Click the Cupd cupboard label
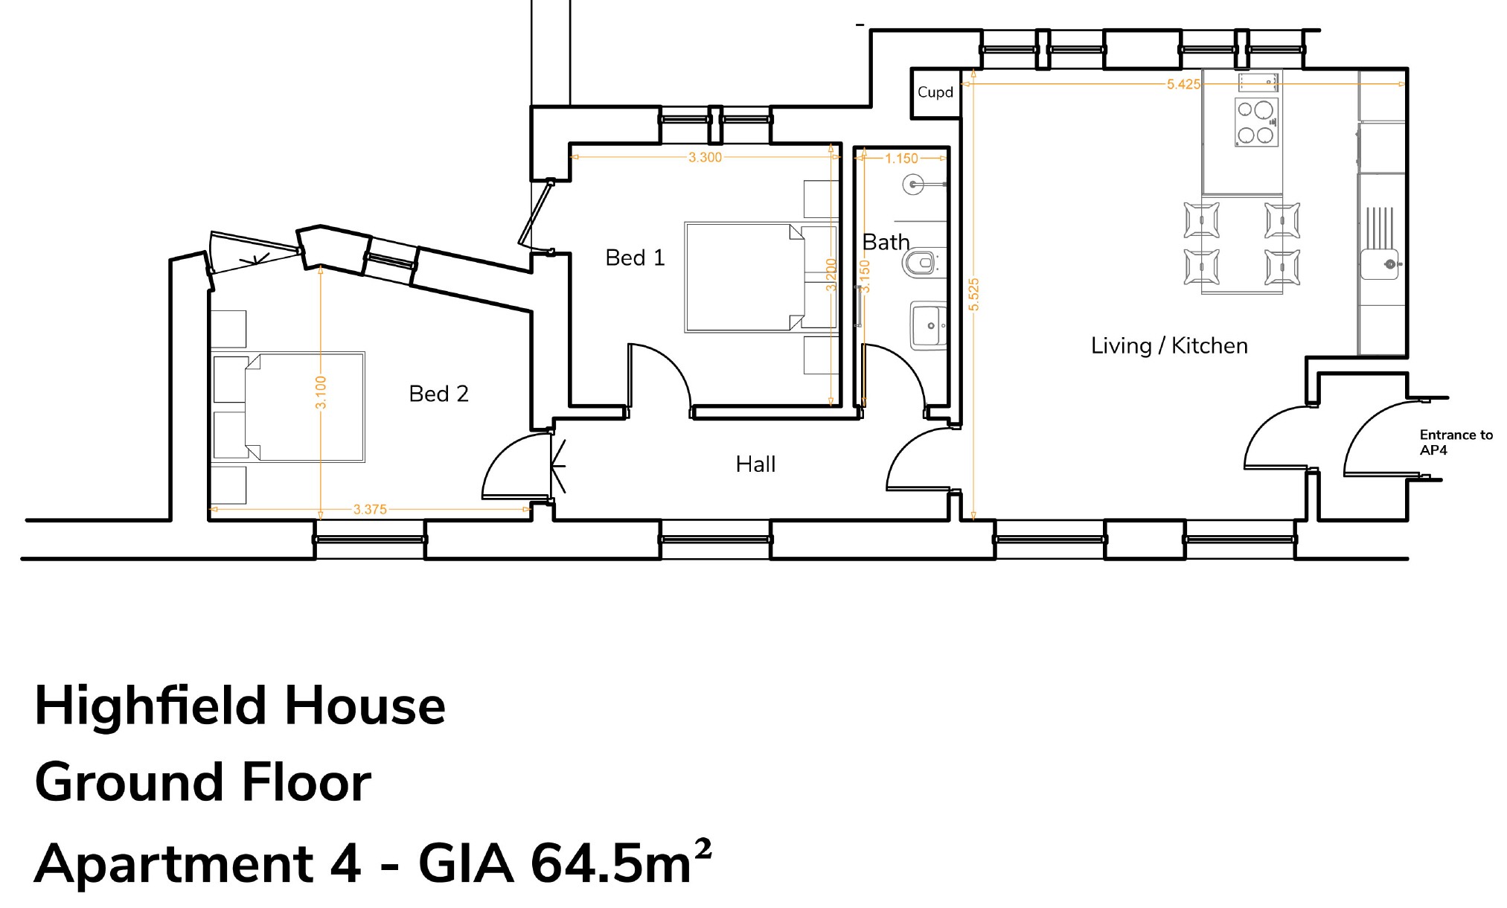(x=935, y=92)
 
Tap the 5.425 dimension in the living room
(x=1183, y=84)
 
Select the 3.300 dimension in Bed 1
(x=704, y=157)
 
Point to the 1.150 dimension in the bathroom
(x=901, y=159)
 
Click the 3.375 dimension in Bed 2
(x=370, y=510)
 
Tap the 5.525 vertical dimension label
(x=974, y=294)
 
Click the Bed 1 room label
(x=635, y=258)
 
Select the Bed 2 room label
(x=438, y=394)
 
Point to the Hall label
(x=755, y=464)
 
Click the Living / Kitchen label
(x=1169, y=346)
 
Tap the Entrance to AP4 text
(x=1455, y=442)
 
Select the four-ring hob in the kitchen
(x=1256, y=122)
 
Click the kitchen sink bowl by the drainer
(x=1379, y=264)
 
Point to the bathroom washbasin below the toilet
(x=928, y=325)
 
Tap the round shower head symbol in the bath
(x=914, y=184)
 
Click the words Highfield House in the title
(x=240, y=706)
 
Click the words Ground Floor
(x=202, y=783)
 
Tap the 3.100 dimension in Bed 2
(x=321, y=392)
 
